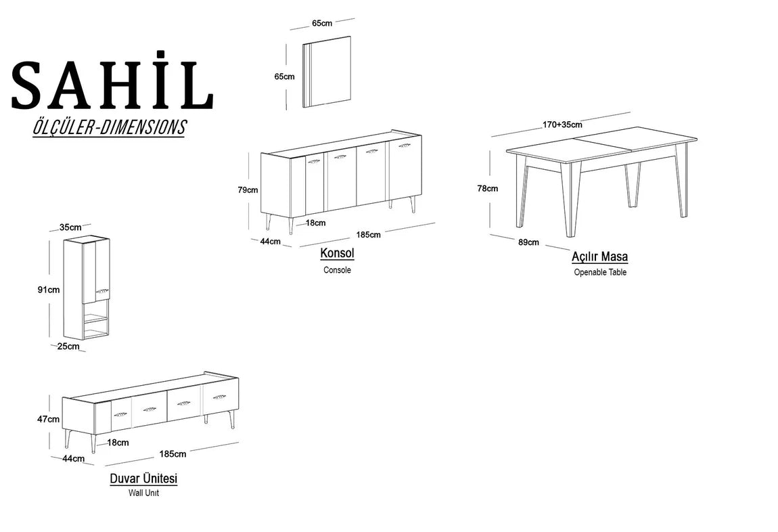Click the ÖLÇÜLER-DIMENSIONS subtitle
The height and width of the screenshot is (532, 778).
pyautogui.click(x=109, y=127)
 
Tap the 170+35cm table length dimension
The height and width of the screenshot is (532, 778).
pyautogui.click(x=562, y=125)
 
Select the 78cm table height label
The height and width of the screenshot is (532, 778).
pyautogui.click(x=487, y=189)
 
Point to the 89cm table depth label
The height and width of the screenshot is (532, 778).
pyautogui.click(x=528, y=242)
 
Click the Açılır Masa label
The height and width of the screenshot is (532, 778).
pyautogui.click(x=599, y=257)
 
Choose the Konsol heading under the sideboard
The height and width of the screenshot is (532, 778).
pyautogui.click(x=337, y=253)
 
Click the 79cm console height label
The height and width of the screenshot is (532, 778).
pyautogui.click(x=248, y=190)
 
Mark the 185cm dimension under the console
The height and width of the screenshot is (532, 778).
pyautogui.click(x=368, y=235)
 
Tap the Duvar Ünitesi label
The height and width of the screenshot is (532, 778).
pyautogui.click(x=143, y=479)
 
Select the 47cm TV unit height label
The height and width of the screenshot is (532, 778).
pyautogui.click(x=48, y=420)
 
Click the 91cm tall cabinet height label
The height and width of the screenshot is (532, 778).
pyautogui.click(x=49, y=290)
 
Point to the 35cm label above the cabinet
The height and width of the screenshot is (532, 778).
pyautogui.click(x=70, y=227)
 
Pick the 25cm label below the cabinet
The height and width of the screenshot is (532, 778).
pyautogui.click(x=68, y=347)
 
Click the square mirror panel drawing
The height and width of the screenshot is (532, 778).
pyautogui.click(x=327, y=72)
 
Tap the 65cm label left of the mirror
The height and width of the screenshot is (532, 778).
pyautogui.click(x=284, y=76)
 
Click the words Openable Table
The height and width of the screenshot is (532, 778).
pyautogui.click(x=600, y=273)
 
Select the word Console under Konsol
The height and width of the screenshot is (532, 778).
pyautogui.click(x=337, y=270)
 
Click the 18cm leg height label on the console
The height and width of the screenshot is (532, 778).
pyautogui.click(x=315, y=223)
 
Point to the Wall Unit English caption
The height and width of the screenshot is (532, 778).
pyautogui.click(x=143, y=493)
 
